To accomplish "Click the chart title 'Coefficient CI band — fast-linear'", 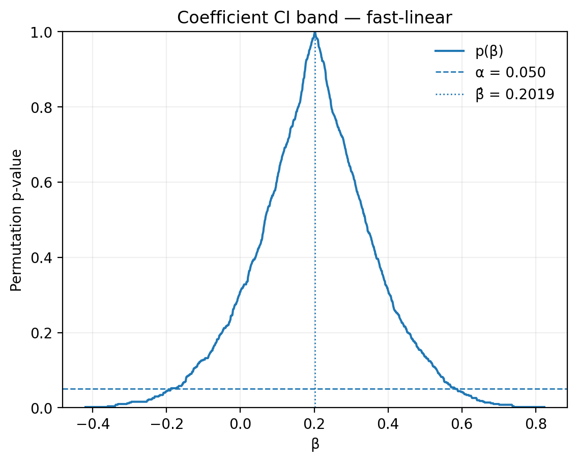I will [x=314, y=18].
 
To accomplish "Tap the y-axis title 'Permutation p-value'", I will [x=16, y=220].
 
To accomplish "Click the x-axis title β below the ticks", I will [x=315, y=444].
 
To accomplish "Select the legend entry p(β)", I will [x=489, y=51].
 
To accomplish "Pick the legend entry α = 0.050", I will [x=510, y=72].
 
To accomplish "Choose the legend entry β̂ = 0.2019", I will [x=514, y=94].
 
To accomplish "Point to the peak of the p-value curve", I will [x=315, y=33].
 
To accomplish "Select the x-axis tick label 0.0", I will [x=241, y=422].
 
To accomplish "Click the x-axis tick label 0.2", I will [x=314, y=422].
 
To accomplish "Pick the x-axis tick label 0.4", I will [x=388, y=422].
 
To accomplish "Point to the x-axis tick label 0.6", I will [x=462, y=422].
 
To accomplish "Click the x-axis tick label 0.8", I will [x=536, y=422].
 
